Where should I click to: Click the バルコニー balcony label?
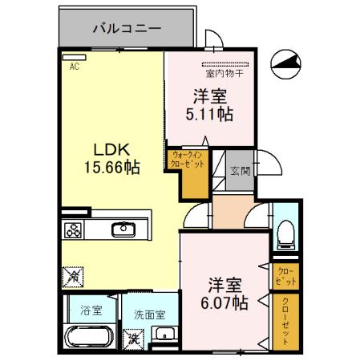tap(127, 27)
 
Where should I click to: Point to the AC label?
tap(74, 67)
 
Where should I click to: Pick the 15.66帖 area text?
tap(112, 168)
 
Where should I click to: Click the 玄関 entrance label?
tap(240, 171)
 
